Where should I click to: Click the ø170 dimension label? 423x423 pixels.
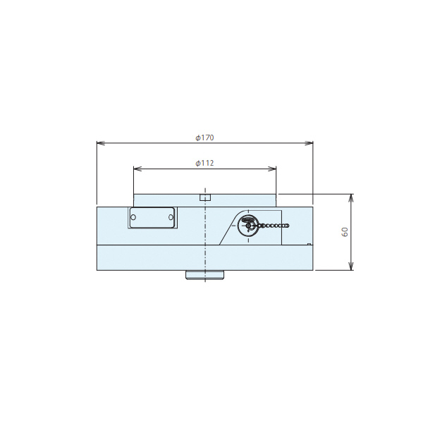[x=204, y=138]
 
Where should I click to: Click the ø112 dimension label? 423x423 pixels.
[x=204, y=164]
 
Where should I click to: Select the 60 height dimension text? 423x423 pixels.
[x=345, y=232]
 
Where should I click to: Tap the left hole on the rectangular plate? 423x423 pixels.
[x=133, y=217]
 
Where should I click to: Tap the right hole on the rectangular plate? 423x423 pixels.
[x=171, y=217]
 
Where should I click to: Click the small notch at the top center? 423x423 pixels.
[x=205, y=197]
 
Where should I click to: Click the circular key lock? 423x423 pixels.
[x=248, y=226]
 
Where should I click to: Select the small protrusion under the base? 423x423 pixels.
[x=205, y=275]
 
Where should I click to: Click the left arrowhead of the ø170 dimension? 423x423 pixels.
[x=100, y=143]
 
